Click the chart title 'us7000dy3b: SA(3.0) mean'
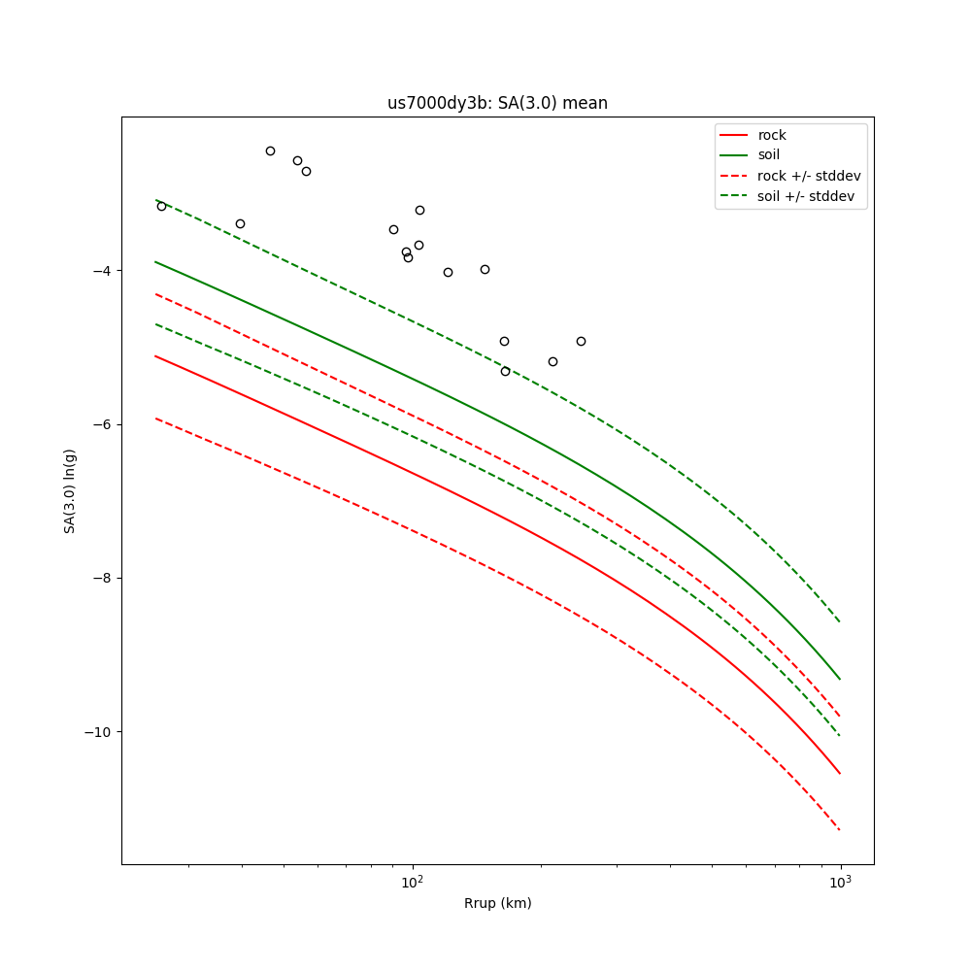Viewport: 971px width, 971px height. (x=497, y=103)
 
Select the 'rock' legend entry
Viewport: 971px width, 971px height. (x=772, y=135)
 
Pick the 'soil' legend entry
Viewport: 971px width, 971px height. (x=768, y=155)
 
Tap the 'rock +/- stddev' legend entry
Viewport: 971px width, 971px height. (x=809, y=176)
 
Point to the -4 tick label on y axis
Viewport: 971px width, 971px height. (x=100, y=271)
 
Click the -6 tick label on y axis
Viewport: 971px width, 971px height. (x=100, y=424)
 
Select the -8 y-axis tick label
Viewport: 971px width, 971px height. (x=100, y=578)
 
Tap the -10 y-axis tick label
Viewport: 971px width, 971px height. (x=96, y=731)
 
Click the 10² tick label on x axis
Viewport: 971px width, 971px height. (x=413, y=883)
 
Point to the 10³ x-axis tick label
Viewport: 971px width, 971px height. (x=840, y=883)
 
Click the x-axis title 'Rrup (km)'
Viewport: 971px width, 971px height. (x=497, y=903)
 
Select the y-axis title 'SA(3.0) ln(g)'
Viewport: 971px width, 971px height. (x=70, y=490)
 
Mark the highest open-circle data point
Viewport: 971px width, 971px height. (x=270, y=151)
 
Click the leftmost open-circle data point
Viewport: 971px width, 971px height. (x=161, y=206)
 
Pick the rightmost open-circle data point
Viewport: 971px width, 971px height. (x=581, y=341)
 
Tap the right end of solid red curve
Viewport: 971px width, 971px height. (x=840, y=774)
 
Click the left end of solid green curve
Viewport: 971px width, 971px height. (x=155, y=261)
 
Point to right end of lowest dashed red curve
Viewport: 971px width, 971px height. (x=840, y=830)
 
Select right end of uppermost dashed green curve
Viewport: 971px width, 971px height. (x=840, y=622)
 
